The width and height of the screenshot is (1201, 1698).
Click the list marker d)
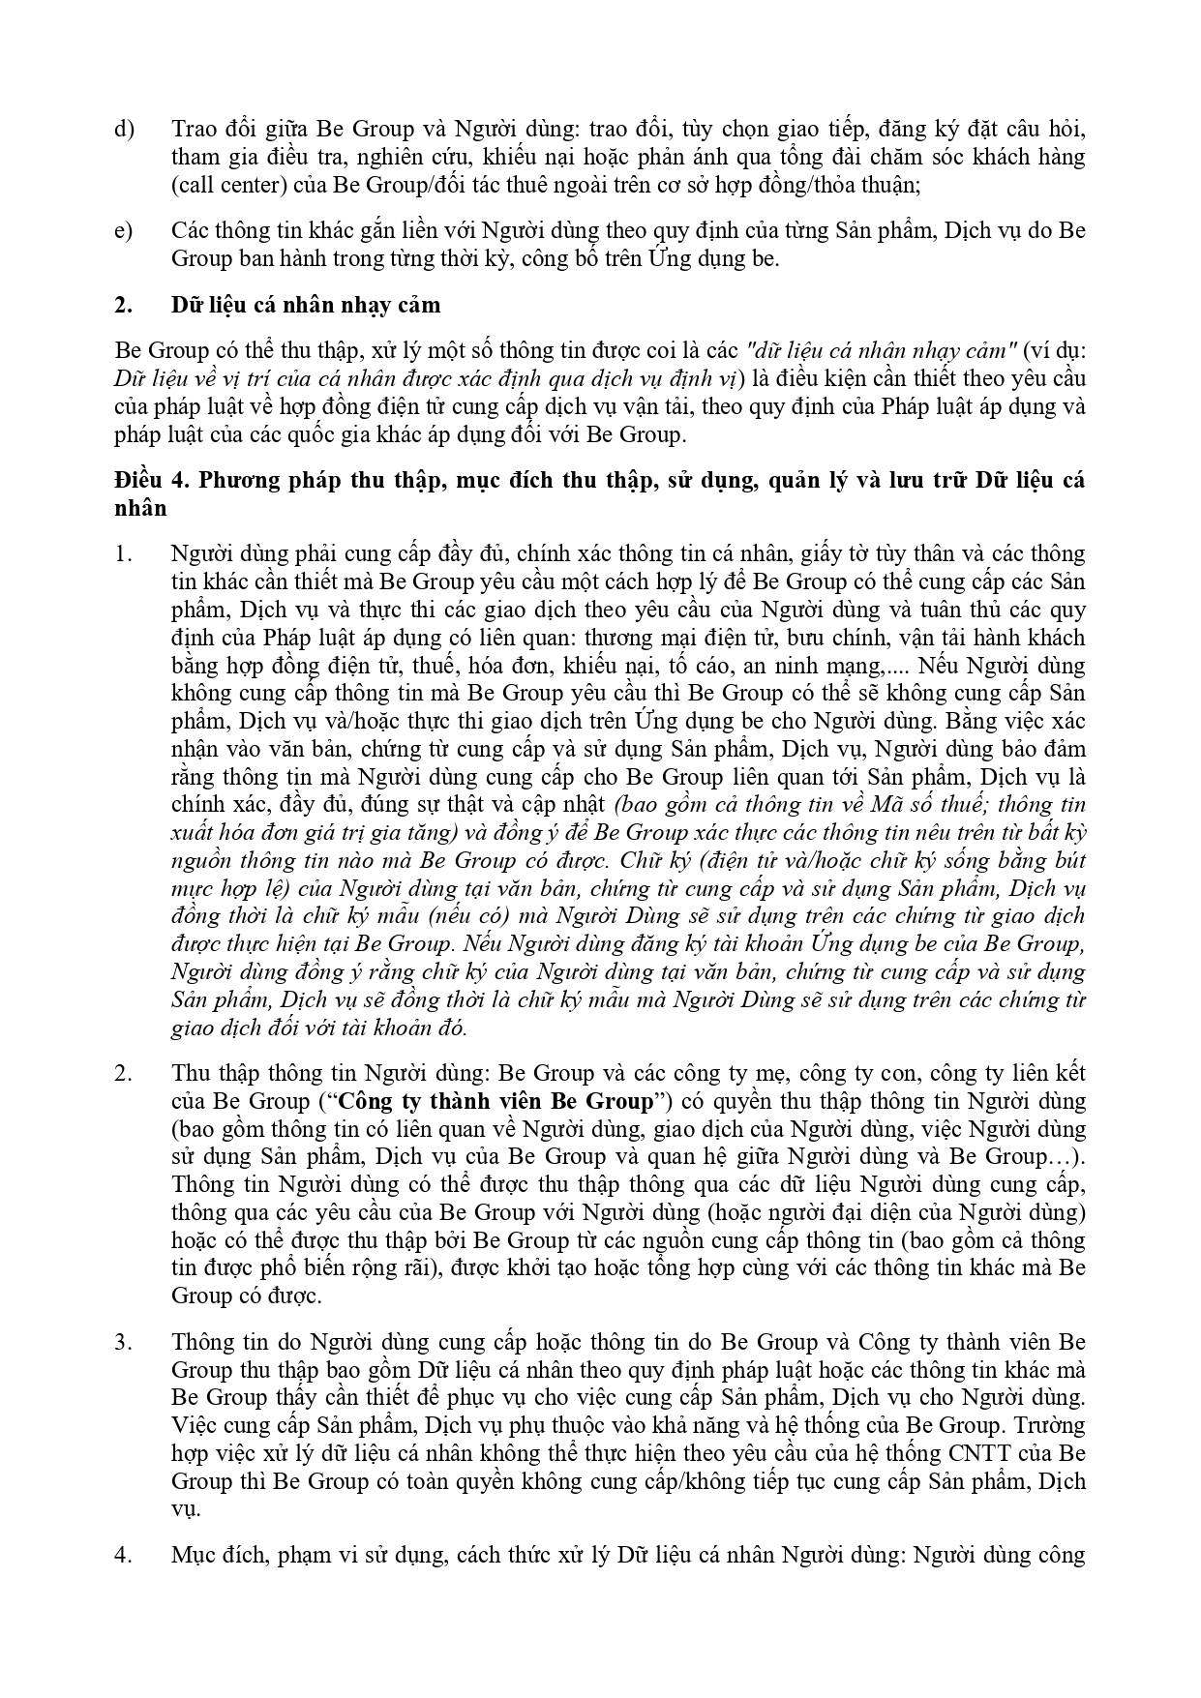tap(124, 129)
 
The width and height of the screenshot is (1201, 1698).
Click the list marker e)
tap(124, 231)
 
